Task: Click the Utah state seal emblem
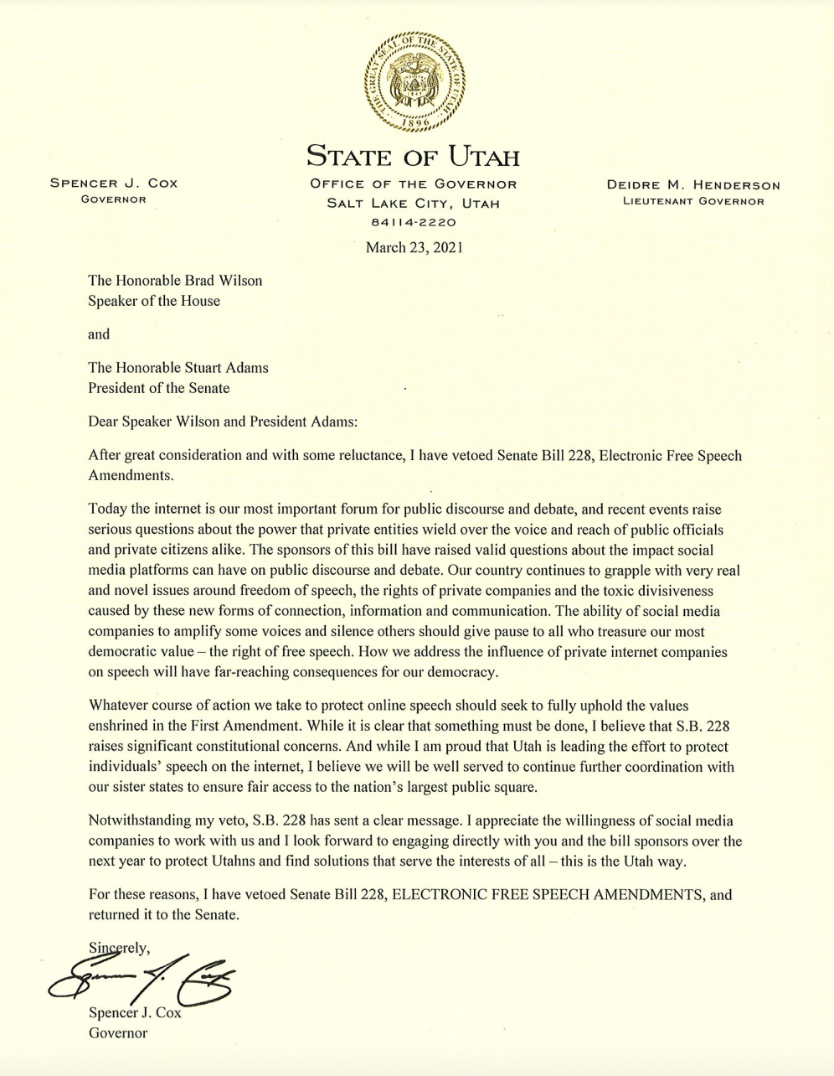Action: pyautogui.click(x=416, y=81)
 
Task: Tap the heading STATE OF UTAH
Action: pyautogui.click(x=414, y=157)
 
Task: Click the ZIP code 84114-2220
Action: pyautogui.click(x=414, y=223)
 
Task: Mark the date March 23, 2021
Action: pyautogui.click(x=414, y=247)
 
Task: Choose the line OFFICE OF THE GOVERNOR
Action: pyautogui.click(x=414, y=184)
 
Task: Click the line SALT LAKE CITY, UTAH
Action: pyautogui.click(x=414, y=204)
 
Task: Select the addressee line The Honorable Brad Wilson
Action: pyautogui.click(x=175, y=281)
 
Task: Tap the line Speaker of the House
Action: pyautogui.click(x=154, y=301)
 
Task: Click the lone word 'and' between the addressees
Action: pyautogui.click(x=99, y=334)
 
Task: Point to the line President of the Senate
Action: pyautogui.click(x=159, y=388)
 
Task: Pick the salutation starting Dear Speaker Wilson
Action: pyautogui.click(x=223, y=422)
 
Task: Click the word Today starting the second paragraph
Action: pyautogui.click(x=106, y=510)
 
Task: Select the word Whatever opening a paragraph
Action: pyautogui.click(x=116, y=706)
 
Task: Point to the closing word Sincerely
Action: pyautogui.click(x=120, y=948)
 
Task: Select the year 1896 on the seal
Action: pyautogui.click(x=415, y=122)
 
